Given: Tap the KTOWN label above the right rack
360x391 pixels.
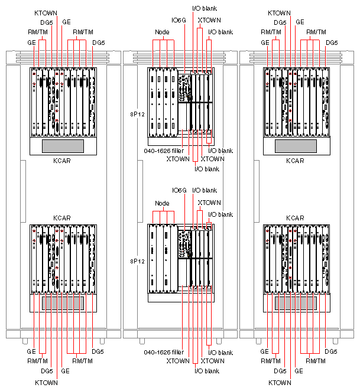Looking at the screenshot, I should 279,12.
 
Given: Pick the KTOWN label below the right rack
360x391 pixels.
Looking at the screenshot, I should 279,383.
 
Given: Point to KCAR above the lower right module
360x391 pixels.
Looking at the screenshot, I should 296,218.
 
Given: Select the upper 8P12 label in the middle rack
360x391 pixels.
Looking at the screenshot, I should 137,110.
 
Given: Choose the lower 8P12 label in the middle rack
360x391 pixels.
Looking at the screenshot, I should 137,260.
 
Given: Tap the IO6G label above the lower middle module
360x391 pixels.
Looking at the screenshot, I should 179,190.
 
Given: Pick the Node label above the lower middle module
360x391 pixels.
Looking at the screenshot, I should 162,203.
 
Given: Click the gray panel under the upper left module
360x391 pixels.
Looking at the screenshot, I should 62,146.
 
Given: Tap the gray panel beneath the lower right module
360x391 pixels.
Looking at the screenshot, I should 296,303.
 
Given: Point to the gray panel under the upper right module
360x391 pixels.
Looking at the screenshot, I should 296,146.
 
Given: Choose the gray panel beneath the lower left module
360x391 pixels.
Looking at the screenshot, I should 62,303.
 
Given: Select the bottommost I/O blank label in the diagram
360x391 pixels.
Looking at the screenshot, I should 207,370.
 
